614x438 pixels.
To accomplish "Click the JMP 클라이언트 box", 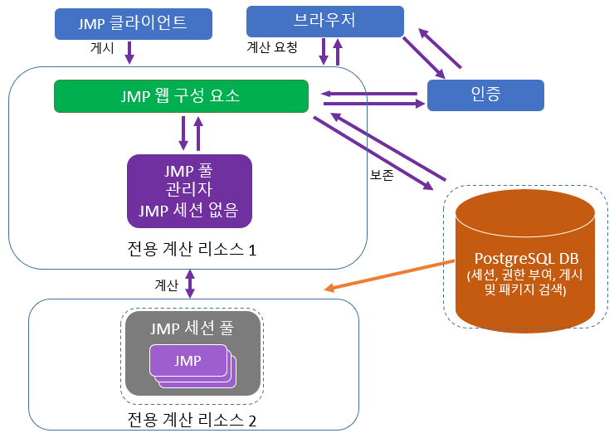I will point(133,23).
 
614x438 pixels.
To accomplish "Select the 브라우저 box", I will point(324,21).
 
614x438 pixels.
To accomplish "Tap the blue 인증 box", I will point(485,95).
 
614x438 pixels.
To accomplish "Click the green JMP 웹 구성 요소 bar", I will point(180,95).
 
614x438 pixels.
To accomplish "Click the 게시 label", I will point(102,49).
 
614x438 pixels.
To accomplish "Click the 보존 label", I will point(382,175).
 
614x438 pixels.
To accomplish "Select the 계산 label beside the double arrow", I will point(166,285).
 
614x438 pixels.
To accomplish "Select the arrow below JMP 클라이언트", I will point(129,53).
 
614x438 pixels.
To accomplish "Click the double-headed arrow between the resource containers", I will point(190,284).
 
